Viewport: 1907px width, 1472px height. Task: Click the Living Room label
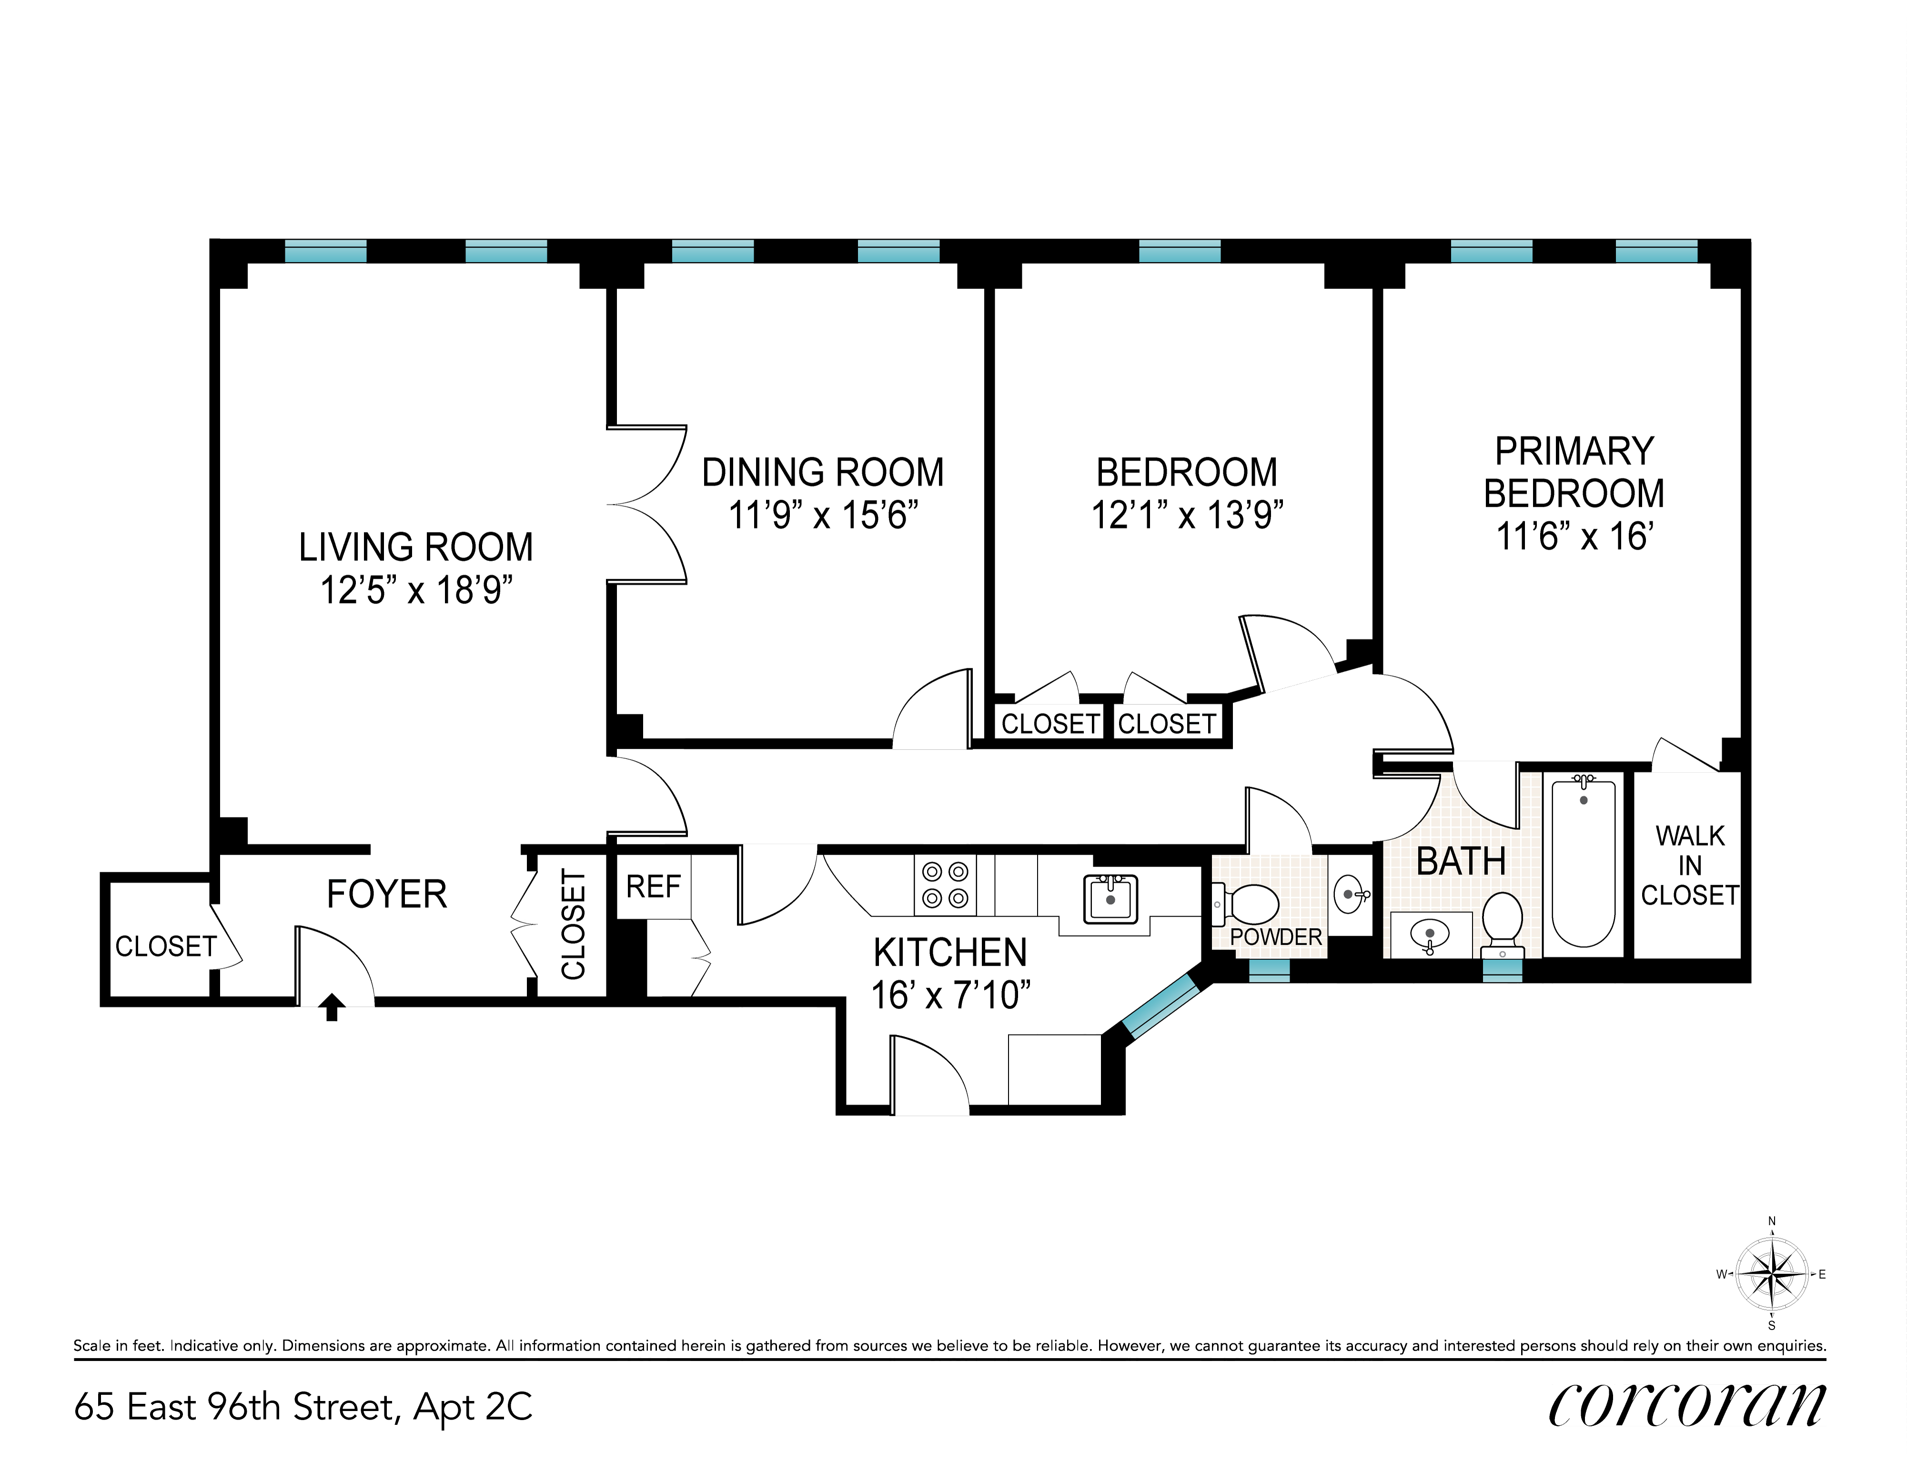pos(415,547)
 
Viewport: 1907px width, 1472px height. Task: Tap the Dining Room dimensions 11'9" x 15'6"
pos(823,515)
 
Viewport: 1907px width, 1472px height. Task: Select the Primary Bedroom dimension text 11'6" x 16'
pos(1574,536)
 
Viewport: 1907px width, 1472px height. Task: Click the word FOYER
pos(387,894)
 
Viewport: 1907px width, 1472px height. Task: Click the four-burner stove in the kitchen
pos(946,885)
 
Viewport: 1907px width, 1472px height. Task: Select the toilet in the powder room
pos(1244,904)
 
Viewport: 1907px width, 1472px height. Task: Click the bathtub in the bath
pos(1584,863)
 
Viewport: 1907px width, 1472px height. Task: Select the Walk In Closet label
pos(1690,865)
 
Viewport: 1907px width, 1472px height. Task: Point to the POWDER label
pos(1276,937)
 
